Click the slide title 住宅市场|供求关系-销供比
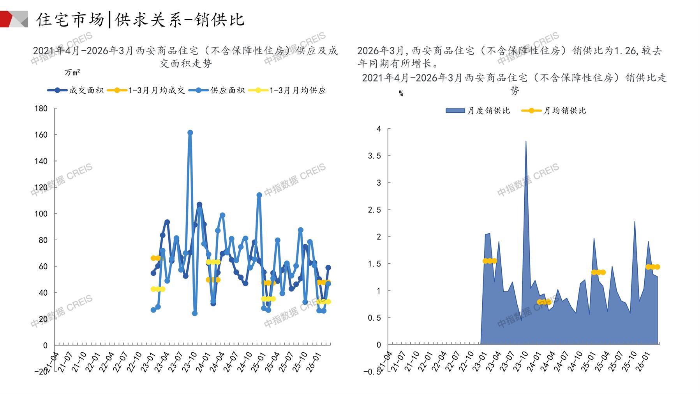[140, 20]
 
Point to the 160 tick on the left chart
[41, 135]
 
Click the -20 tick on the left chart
[41, 371]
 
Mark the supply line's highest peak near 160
[190, 133]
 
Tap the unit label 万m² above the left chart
[72, 73]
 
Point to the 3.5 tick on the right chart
[374, 156]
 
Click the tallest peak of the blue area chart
[526, 141]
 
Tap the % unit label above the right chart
[401, 94]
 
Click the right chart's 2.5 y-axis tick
[374, 210]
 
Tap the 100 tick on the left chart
[41, 214]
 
